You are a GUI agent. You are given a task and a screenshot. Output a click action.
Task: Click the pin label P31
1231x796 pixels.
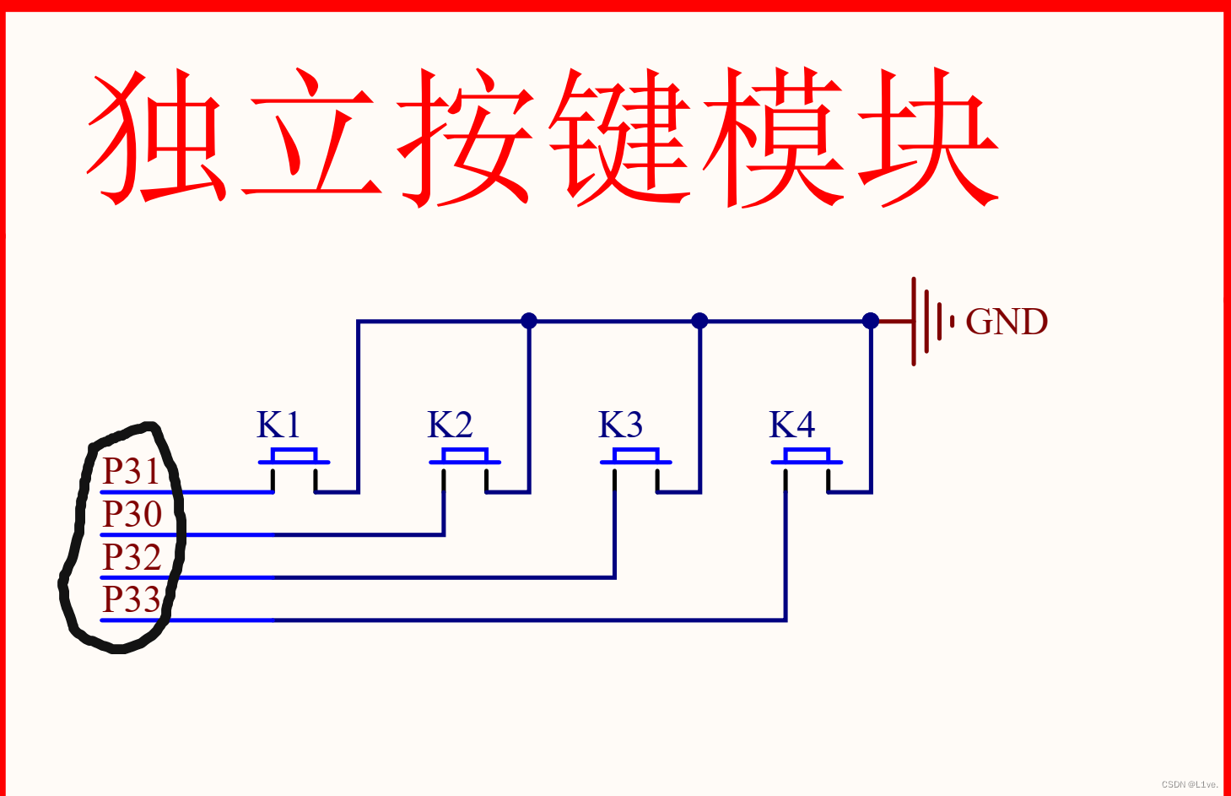pyautogui.click(x=131, y=471)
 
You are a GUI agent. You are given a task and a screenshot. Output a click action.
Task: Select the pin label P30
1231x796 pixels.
pyautogui.click(x=132, y=514)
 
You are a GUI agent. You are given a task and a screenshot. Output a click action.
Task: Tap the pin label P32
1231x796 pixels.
pyautogui.click(x=132, y=557)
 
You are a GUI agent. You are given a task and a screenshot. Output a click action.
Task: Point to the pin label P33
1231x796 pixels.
pyautogui.click(x=132, y=599)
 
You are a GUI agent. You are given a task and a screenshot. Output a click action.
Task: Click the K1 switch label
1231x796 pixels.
pyautogui.click(x=278, y=425)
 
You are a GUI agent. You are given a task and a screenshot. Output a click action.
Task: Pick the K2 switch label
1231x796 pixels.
pyautogui.click(x=450, y=425)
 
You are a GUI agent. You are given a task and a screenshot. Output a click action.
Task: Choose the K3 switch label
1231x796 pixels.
pyautogui.click(x=621, y=425)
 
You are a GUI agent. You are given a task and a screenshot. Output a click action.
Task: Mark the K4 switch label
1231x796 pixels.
pyautogui.click(x=792, y=425)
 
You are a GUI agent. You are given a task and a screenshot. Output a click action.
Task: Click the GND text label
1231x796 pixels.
pyautogui.click(x=1007, y=322)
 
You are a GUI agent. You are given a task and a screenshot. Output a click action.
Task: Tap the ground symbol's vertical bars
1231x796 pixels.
pyautogui.click(x=928, y=322)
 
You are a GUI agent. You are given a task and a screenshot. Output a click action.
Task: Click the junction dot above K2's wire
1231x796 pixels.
pyautogui.click(x=529, y=321)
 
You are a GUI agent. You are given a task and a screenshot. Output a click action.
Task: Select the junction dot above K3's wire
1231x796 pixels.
pyautogui.click(x=699, y=321)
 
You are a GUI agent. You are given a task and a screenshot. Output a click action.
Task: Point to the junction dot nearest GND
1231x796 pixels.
pyautogui.click(x=871, y=321)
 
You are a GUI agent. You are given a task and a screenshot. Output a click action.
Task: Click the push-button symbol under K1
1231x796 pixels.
pyautogui.click(x=294, y=460)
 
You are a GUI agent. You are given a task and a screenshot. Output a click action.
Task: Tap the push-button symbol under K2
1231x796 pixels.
pyautogui.click(x=465, y=460)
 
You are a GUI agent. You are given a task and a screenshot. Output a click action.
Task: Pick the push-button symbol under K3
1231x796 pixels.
pyautogui.click(x=636, y=460)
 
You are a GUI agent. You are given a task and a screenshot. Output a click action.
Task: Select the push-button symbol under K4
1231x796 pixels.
pyautogui.click(x=807, y=460)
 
